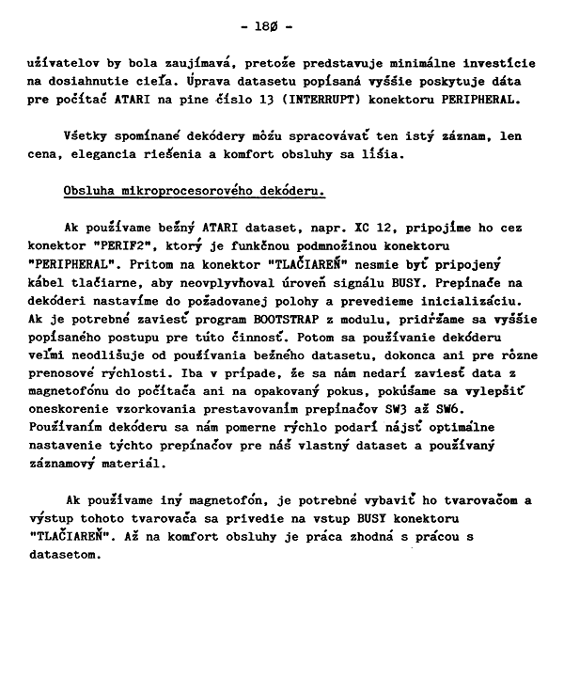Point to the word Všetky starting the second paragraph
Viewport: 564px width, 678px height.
coord(86,136)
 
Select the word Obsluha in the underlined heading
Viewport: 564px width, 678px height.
coord(89,192)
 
